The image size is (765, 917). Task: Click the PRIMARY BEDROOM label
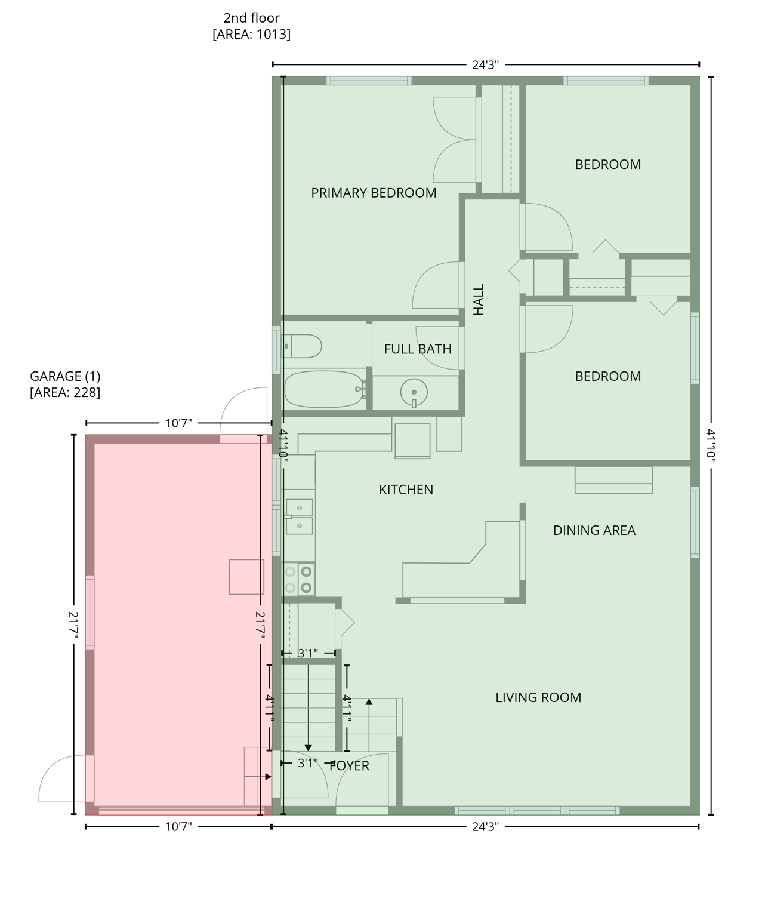374,193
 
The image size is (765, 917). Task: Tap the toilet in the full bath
304,346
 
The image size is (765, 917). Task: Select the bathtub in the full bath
324,389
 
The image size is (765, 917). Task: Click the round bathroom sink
414,392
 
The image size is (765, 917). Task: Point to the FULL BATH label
418,349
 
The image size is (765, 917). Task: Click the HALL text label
479,300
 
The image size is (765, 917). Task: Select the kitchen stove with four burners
298,579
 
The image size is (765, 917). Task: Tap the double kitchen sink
299,516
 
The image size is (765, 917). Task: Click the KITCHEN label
406,490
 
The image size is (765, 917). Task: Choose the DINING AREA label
594,530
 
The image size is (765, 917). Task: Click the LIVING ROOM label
538,697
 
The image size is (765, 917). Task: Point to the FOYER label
350,766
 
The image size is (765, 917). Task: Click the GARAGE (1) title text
65,376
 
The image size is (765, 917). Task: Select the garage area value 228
65,392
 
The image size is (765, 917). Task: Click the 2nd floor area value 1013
251,35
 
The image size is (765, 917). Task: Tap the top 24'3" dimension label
485,64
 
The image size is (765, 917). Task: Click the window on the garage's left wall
90,612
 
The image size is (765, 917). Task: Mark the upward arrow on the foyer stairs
369,703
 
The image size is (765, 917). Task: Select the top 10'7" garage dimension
178,423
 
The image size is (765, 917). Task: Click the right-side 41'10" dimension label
711,445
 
